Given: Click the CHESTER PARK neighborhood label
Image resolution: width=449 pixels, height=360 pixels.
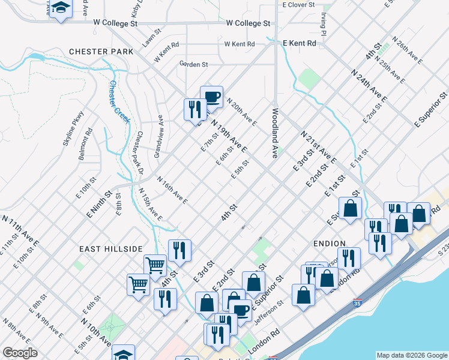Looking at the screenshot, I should (x=101, y=52).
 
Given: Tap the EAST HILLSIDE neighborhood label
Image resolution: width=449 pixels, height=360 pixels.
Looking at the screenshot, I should (x=111, y=248).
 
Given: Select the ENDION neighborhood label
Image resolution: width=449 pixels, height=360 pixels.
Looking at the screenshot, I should (x=329, y=244).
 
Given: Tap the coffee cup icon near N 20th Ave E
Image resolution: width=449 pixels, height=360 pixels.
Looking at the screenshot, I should (x=211, y=96).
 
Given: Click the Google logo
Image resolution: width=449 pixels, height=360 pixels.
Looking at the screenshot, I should (x=20, y=353).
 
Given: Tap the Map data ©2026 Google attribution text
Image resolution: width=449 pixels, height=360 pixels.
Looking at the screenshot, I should (x=411, y=355).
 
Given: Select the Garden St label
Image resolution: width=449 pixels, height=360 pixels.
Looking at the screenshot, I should (x=193, y=64).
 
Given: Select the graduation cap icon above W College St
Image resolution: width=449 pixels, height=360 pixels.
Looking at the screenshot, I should (x=60, y=8).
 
